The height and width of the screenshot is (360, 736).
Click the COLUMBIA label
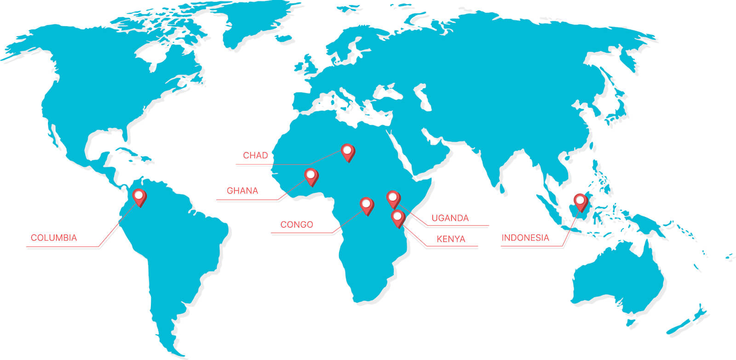[54, 238]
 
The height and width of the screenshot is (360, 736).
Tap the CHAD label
[255, 155]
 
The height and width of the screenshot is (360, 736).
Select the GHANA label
[242, 191]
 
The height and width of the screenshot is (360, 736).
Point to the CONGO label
[297, 224]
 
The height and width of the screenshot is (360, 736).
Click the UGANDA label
[450, 218]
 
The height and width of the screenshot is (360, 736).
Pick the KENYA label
[451, 239]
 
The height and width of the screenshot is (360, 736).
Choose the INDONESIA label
[525, 238]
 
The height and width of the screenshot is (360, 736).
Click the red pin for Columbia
[139, 196]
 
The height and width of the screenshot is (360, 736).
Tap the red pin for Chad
[348, 151]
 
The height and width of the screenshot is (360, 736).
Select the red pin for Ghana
[311, 176]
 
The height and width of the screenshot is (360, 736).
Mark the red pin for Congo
[367, 205]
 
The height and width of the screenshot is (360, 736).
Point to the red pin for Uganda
[393, 198]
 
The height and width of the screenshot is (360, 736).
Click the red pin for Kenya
[397, 217]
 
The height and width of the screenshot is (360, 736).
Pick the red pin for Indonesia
[581, 201]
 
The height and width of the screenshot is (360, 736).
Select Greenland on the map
[258, 23]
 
